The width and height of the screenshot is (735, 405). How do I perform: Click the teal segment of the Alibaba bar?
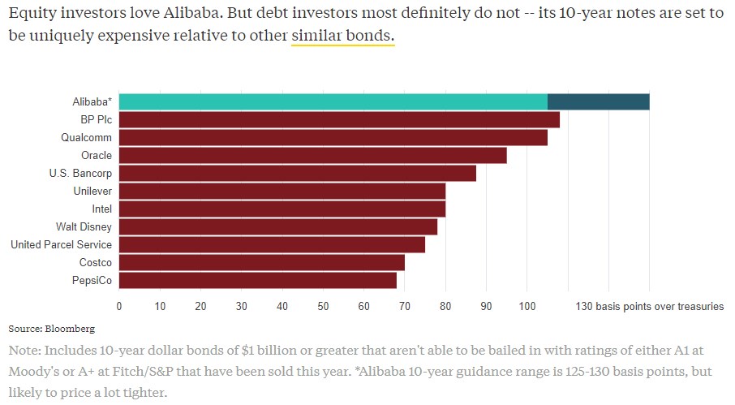click(333, 101)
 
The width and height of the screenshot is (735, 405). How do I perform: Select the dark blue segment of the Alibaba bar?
click(598, 101)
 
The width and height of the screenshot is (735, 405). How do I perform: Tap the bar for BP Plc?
click(339, 119)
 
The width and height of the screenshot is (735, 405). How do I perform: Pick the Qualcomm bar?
click(333, 137)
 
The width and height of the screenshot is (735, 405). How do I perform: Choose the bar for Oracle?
click(313, 155)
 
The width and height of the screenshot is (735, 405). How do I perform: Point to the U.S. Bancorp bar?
click(298, 173)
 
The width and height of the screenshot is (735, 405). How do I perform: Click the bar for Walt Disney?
click(278, 226)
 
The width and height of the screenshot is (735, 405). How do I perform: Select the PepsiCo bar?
click(258, 280)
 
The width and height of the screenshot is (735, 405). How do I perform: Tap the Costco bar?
click(262, 262)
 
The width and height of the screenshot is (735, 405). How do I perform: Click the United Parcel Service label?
click(62, 244)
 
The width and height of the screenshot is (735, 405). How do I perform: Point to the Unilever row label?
click(91, 191)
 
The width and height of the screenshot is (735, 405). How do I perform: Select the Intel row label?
click(101, 209)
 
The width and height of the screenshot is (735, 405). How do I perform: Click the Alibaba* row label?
click(91, 101)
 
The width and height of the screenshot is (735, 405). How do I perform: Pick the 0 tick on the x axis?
click(119, 306)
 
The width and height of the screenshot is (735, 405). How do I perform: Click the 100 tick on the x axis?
click(527, 306)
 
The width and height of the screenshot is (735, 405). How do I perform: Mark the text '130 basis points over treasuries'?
click(649, 306)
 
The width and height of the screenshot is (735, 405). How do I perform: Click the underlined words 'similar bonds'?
click(342, 38)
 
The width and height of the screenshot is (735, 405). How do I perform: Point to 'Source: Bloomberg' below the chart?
click(51, 329)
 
